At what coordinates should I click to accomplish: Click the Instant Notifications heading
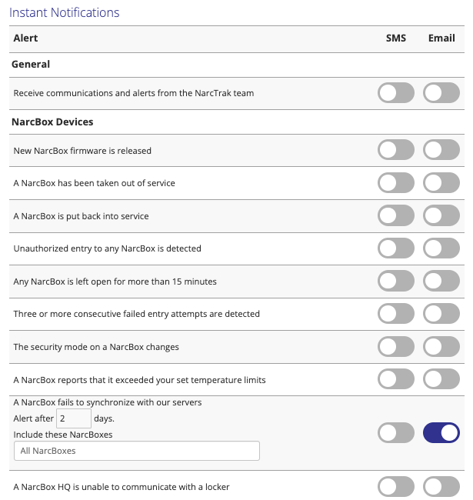66,13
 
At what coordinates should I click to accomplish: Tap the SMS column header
396,38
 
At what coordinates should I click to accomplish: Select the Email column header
441,38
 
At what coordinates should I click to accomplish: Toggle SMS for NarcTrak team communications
396,93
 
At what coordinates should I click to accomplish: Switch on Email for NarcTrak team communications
441,93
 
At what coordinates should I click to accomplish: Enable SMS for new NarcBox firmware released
396,150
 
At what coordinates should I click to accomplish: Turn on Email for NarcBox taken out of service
441,183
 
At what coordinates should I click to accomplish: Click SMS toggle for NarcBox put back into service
396,215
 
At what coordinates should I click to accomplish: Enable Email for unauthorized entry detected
441,248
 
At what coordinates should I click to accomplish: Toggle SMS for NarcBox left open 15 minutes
396,281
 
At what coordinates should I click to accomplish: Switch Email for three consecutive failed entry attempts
441,314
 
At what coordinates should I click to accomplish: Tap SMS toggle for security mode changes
396,346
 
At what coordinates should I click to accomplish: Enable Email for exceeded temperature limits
441,379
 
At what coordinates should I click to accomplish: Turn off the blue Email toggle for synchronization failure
441,433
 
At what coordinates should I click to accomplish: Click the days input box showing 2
74,418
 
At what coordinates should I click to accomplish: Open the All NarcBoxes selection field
137,451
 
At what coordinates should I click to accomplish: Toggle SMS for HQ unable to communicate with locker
396,486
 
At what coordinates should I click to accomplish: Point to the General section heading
32,65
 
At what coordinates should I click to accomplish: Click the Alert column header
25,38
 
